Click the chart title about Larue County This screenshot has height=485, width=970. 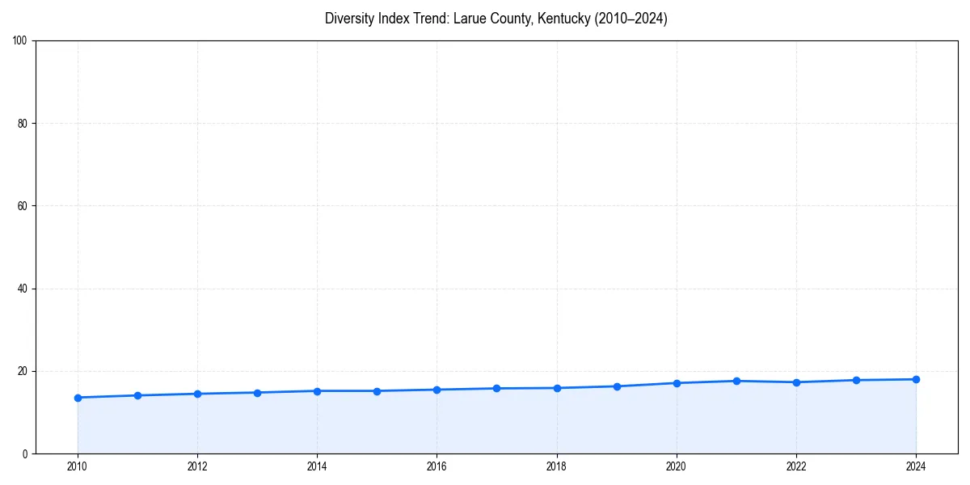[496, 19]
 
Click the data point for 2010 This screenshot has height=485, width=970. [78, 398]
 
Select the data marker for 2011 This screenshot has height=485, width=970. [137, 395]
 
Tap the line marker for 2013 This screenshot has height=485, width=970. [257, 393]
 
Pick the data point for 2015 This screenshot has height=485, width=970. [377, 391]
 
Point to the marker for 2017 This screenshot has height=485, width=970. [496, 389]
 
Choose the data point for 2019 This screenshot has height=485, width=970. [617, 386]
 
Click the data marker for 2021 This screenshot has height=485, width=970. [736, 381]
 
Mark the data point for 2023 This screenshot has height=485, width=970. [856, 380]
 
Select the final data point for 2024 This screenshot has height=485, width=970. [916, 379]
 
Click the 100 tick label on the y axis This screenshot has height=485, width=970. [20, 40]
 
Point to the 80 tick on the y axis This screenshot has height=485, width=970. [23, 124]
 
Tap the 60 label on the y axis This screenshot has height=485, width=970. [23, 206]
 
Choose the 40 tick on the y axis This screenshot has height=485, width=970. [23, 289]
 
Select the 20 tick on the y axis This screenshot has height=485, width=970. [23, 371]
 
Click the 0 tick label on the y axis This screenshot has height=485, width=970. [25, 453]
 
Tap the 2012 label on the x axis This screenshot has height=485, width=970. [197, 466]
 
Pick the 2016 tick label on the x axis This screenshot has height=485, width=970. [436, 466]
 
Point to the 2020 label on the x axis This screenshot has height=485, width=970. [677, 466]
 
